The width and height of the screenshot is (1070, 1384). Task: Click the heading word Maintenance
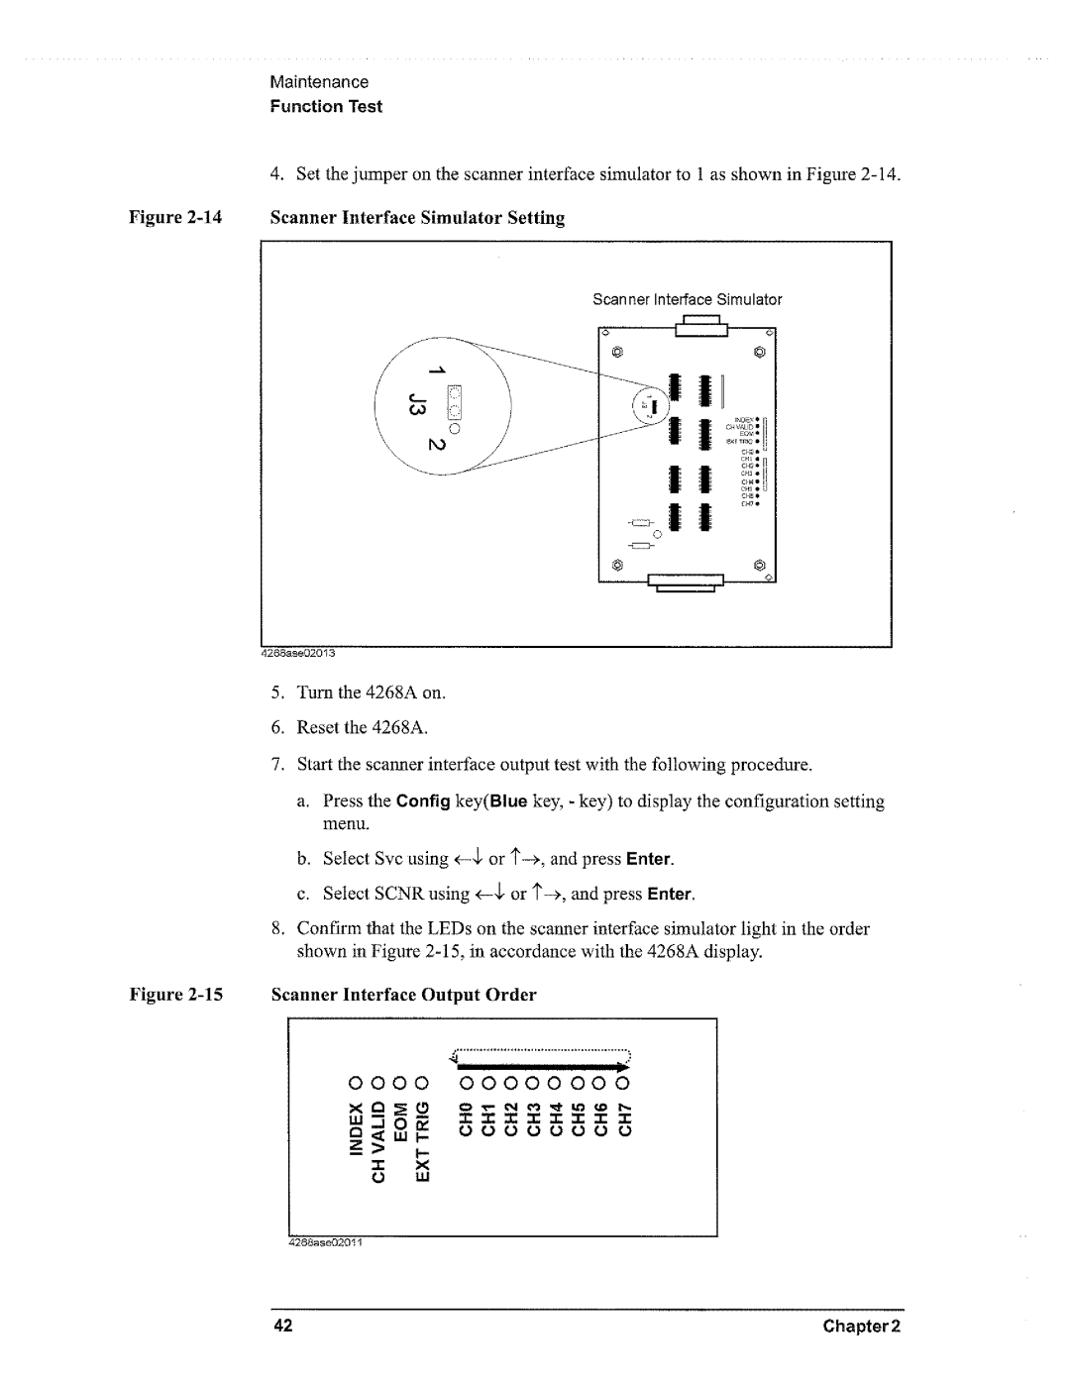[x=319, y=82]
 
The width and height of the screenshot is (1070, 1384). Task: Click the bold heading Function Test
[x=326, y=106]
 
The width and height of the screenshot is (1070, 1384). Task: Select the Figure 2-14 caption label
[x=197, y=218]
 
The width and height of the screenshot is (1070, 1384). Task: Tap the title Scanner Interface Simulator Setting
[x=417, y=218]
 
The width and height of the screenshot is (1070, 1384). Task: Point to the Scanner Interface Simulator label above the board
[x=687, y=299]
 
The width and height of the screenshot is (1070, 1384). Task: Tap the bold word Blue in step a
[x=511, y=801]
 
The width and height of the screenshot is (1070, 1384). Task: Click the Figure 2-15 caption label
[x=197, y=995]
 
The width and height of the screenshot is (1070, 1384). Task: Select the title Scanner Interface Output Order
[x=403, y=995]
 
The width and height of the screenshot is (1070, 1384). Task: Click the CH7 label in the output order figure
[x=624, y=1116]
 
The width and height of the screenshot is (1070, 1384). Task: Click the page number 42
[x=281, y=1327]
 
